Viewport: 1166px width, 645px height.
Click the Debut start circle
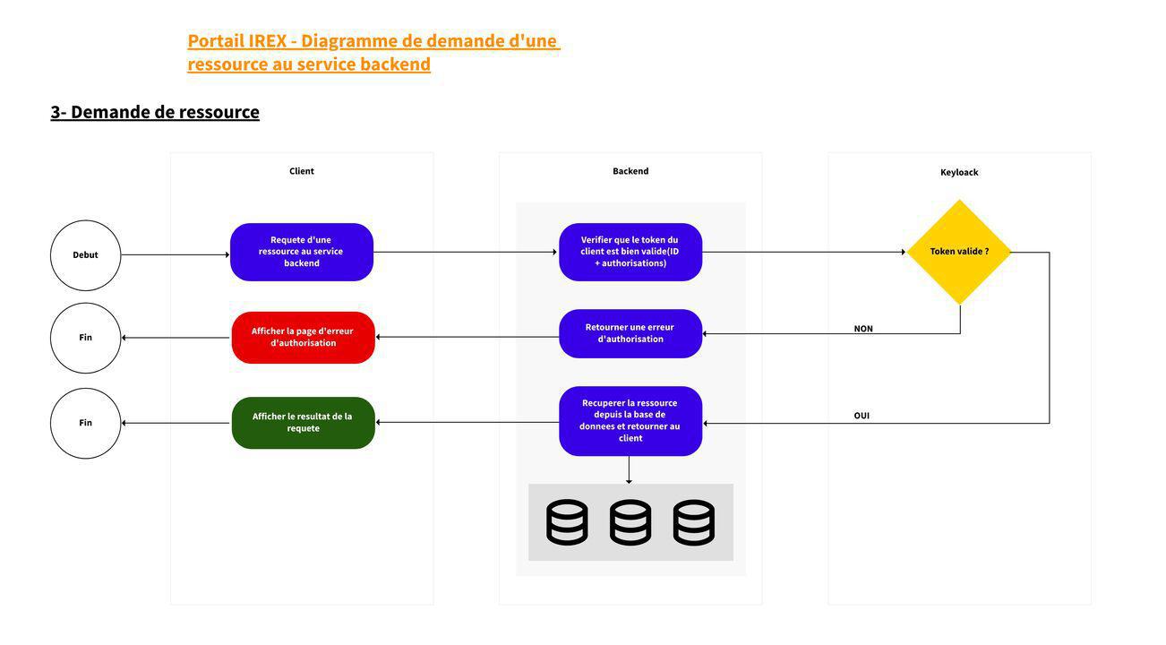[x=85, y=255]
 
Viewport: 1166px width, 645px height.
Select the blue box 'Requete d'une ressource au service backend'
[x=302, y=252]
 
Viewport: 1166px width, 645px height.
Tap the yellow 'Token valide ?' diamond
[x=959, y=252]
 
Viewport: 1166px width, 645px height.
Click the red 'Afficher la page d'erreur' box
[x=303, y=338]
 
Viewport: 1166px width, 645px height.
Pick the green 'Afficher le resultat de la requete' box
[x=303, y=423]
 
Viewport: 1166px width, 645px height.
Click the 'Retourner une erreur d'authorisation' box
[x=630, y=333]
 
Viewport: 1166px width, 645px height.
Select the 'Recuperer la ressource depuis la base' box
[x=630, y=421]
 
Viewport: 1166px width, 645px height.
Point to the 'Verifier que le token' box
[x=630, y=252]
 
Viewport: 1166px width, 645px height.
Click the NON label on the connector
[x=863, y=329]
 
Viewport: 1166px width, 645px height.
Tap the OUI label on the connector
[x=862, y=416]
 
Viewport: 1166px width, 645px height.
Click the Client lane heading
[x=302, y=171]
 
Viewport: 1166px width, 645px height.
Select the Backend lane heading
[x=630, y=171]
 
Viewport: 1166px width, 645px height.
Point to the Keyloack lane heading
[x=959, y=172]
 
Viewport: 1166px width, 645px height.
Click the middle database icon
[x=630, y=522]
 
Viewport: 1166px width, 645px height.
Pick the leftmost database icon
[x=567, y=522]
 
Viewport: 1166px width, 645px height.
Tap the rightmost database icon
[x=694, y=522]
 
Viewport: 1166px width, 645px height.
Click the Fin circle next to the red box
[x=85, y=338]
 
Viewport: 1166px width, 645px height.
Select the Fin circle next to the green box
[x=85, y=423]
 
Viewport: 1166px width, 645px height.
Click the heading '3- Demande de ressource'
[x=155, y=112]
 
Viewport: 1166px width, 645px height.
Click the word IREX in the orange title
[x=267, y=40]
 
